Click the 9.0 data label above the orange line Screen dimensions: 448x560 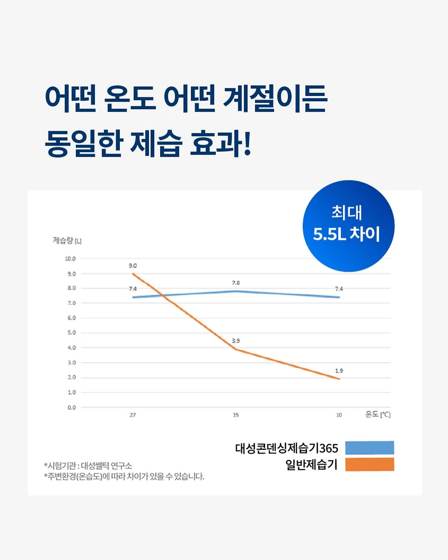(132, 265)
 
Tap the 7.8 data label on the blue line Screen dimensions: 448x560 (236, 282)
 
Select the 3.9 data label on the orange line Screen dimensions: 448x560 (236, 341)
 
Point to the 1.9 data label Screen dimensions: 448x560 (339, 370)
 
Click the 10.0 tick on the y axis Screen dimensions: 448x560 (70, 259)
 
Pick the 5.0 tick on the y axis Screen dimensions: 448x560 (72, 333)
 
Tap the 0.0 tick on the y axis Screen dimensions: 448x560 (72, 407)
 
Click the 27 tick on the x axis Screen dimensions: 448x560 (132, 415)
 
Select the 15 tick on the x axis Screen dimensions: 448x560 (236, 415)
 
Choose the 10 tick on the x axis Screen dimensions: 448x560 (339, 415)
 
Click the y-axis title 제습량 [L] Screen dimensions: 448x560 (67, 241)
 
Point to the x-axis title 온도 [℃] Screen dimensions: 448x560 (378, 414)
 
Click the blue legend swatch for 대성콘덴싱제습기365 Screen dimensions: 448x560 (370, 448)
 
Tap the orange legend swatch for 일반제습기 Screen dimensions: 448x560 (370, 464)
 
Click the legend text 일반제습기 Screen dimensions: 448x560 (312, 465)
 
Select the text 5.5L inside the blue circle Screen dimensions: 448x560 (329, 234)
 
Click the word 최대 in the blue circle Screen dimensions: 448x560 (346, 213)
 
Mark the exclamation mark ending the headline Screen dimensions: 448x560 (247, 143)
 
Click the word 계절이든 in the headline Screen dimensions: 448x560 (275, 98)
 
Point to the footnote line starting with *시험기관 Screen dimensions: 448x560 (88, 465)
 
